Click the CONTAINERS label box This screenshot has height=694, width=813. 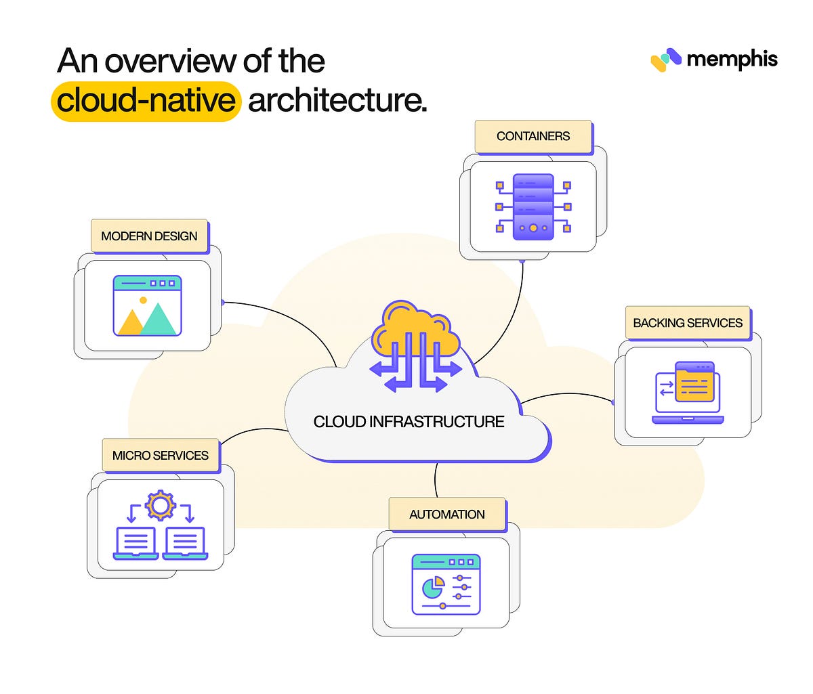click(533, 136)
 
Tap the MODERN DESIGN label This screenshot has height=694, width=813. click(149, 236)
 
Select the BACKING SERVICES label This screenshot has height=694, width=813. click(688, 323)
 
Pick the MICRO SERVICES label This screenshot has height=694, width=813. click(161, 456)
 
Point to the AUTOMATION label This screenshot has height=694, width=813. click(447, 515)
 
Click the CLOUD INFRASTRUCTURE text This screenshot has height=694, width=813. click(409, 422)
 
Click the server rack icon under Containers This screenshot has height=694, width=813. click(533, 207)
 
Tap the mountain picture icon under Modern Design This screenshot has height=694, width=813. click(148, 306)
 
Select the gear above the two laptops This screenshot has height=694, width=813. click(161, 505)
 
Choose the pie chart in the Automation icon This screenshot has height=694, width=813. click(432, 588)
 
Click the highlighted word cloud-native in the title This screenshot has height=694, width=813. click(146, 101)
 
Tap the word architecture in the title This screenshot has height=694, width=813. click(337, 101)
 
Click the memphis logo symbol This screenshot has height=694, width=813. click(665, 60)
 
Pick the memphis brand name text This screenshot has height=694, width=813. click(732, 60)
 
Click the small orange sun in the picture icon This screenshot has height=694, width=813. click(143, 300)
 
